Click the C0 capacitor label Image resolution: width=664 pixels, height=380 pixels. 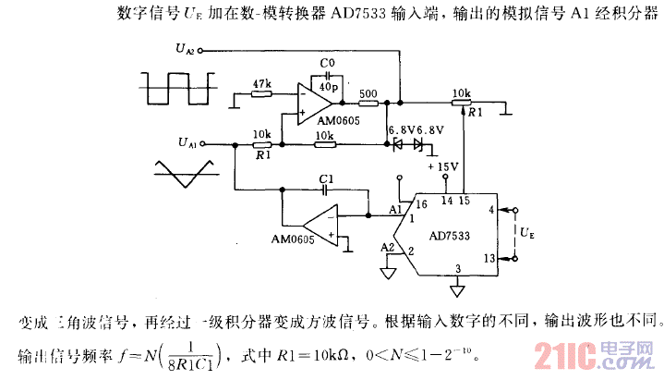click(x=325, y=63)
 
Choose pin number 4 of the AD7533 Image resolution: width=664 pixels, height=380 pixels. click(x=490, y=210)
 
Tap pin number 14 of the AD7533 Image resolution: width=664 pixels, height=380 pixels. click(x=445, y=200)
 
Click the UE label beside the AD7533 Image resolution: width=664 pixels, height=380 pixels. click(x=525, y=233)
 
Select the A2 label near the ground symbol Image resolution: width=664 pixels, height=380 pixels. click(x=389, y=247)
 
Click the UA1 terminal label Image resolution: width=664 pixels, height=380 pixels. click(x=187, y=143)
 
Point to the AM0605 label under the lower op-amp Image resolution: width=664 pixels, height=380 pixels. click(x=293, y=239)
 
